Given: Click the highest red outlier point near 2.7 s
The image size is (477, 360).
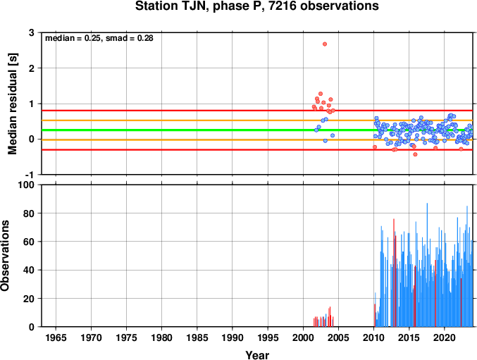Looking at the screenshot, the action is [x=325, y=44].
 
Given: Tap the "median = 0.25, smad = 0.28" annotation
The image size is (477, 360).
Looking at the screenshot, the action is [x=99, y=38].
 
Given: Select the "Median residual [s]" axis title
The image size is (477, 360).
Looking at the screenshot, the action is [x=13, y=104].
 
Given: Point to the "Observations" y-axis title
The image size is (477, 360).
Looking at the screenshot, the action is [x=5, y=256].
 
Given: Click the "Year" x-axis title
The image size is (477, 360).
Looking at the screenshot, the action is [x=257, y=355].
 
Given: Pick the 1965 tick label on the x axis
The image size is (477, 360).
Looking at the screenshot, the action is [x=56, y=337].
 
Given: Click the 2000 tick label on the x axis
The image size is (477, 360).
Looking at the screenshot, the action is [x=303, y=337].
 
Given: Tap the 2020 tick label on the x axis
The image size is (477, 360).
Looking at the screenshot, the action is [x=445, y=337].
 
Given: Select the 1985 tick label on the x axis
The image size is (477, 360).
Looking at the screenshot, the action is [x=197, y=337].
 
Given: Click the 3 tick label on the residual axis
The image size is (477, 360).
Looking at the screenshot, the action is [x=32, y=32].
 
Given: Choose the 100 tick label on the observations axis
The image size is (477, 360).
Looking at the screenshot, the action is [x=27, y=185].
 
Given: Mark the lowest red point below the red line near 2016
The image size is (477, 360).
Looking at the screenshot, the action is [x=415, y=154].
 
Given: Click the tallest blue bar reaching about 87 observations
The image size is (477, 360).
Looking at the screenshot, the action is [x=427, y=265].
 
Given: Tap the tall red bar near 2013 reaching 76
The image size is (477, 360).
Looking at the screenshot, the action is [x=394, y=273].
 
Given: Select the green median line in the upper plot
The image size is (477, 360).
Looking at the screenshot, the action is [x=256, y=130].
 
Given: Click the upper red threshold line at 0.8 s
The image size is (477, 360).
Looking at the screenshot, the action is [x=256, y=111].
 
